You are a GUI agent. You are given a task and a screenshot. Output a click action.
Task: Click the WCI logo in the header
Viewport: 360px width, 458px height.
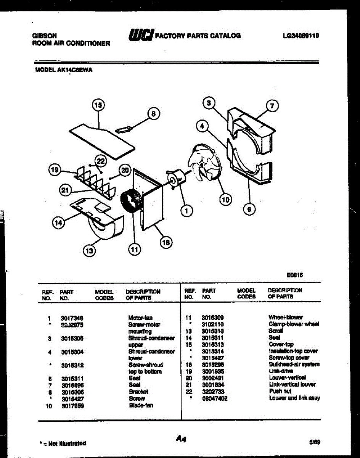point(141,35)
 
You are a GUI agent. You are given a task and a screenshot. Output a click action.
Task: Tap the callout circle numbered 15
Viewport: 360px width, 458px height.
point(98,105)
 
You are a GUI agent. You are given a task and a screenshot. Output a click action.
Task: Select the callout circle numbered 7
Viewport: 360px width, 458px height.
point(272,106)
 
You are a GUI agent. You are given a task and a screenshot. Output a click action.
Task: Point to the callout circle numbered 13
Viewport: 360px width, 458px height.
point(89,251)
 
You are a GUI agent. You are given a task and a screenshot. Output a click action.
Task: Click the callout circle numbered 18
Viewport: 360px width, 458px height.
point(166,242)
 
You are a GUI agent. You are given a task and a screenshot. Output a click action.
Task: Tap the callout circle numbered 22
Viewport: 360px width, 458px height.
point(100,161)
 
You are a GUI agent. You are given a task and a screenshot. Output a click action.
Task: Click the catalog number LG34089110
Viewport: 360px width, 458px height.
point(301,35)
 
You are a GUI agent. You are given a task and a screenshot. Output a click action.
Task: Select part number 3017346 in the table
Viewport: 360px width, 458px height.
point(72,318)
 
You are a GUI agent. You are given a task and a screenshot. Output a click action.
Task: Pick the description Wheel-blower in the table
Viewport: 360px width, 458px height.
point(286,317)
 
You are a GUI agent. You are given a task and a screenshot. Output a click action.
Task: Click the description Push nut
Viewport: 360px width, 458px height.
point(280,391)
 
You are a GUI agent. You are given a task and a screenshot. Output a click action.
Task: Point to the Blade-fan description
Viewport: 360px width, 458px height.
point(141,405)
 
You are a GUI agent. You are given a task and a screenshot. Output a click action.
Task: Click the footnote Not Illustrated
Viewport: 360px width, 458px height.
point(64,443)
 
